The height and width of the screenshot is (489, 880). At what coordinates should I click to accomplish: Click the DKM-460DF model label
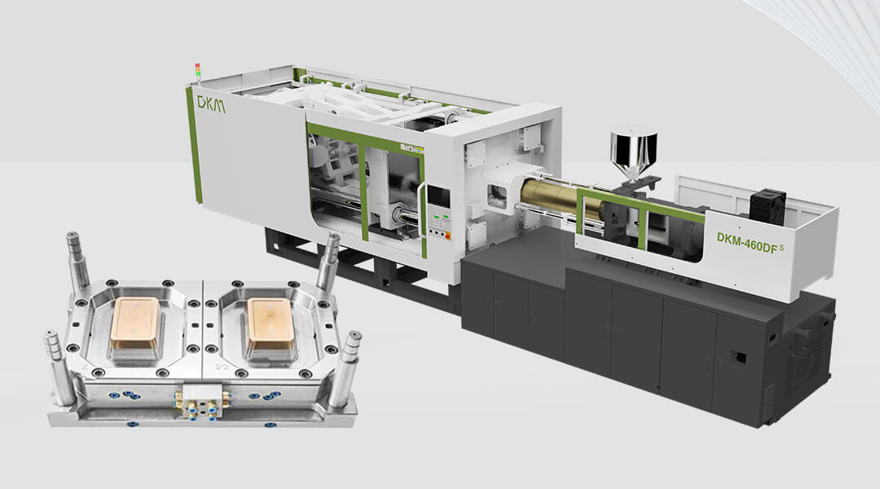(748, 239)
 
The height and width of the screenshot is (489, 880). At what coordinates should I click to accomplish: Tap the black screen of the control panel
(438, 196)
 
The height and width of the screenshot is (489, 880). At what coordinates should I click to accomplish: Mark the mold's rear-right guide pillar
(328, 261)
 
